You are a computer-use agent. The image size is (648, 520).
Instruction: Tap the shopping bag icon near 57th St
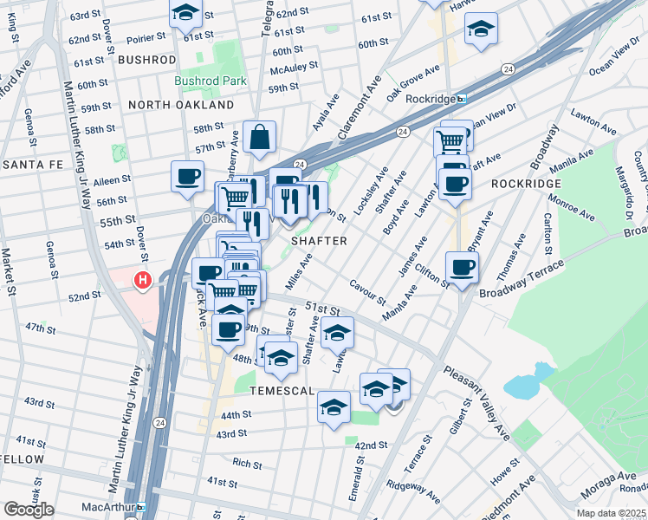pos(259,137)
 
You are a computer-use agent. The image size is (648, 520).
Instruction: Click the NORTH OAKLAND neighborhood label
pos(181,104)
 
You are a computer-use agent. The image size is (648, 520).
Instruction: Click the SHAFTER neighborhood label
pos(319,241)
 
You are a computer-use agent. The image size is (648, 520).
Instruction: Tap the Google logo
pos(29,510)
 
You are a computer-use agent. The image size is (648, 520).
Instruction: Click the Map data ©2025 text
pos(610,513)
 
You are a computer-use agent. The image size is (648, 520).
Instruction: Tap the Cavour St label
pos(367,290)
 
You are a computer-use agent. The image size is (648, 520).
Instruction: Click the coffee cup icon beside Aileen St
pos(187,177)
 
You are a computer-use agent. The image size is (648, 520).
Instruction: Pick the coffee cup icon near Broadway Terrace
pos(462,267)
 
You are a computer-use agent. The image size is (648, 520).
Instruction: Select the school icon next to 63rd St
pos(185,13)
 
